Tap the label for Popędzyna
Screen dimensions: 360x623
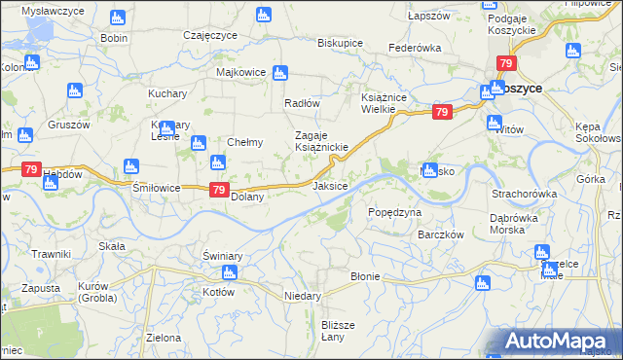(x=395, y=212)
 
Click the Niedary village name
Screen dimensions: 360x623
(x=302, y=295)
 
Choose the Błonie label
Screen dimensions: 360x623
(x=365, y=276)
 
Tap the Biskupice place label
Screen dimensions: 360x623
(x=340, y=44)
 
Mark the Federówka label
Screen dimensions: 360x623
(x=415, y=48)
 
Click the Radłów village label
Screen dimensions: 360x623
(x=302, y=103)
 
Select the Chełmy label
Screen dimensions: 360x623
(x=244, y=142)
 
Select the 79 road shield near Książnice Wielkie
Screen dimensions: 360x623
(x=442, y=114)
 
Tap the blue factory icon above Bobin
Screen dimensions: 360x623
(x=117, y=18)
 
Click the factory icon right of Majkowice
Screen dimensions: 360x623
(x=280, y=72)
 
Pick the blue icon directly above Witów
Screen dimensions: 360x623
(x=493, y=124)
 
